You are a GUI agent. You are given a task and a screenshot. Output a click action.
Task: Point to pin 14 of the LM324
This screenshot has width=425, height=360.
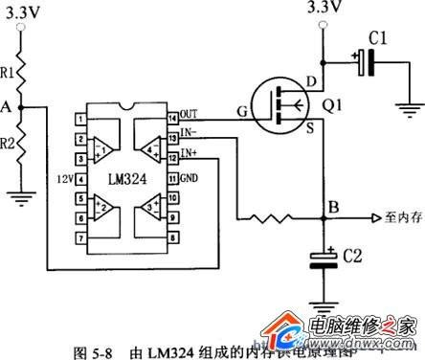pyautogui.click(x=173, y=119)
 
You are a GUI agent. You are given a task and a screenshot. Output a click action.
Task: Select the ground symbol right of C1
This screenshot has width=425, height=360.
pyautogui.click(x=414, y=110)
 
